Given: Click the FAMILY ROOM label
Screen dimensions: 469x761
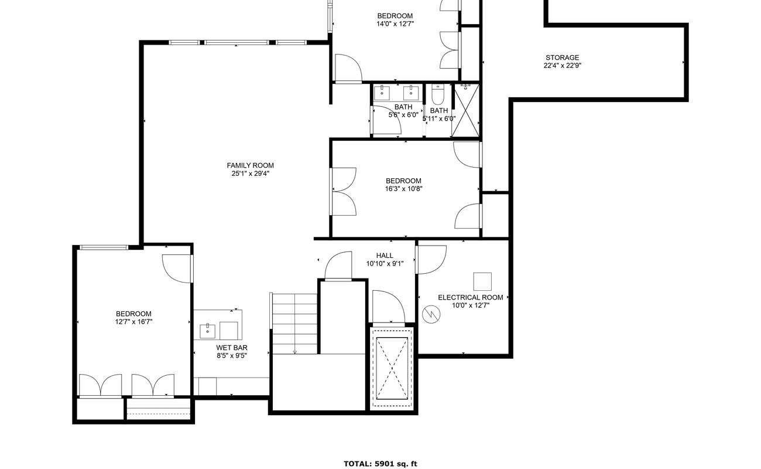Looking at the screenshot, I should point(250,165).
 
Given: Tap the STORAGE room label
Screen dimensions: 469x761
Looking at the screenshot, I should point(562,57).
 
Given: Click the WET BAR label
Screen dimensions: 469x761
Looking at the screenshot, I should point(232,348).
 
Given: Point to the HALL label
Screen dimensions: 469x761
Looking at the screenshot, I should point(385,256).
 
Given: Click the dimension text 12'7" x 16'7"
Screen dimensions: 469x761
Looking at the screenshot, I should point(133,322).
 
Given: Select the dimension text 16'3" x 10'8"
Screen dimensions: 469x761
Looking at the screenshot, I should point(403,189).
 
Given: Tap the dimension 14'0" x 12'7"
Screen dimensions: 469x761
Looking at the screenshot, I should point(395,24).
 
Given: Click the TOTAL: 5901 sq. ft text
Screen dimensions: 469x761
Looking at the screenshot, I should point(380,464).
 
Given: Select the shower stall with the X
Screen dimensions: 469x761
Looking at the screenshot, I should point(467,111).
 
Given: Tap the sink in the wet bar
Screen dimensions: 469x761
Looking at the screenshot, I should point(207,331).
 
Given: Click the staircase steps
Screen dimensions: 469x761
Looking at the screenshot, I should point(295,322).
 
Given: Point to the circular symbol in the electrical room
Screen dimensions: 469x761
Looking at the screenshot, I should point(431,315).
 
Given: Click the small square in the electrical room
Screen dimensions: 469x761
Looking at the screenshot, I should point(482,281).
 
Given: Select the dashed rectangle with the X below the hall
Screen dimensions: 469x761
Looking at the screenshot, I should point(392,368).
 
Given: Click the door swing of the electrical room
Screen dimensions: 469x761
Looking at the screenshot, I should point(432,259).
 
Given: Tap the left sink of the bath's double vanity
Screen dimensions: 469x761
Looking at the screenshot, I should point(382,92).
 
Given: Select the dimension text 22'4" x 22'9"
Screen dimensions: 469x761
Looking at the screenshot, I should point(562,66).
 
